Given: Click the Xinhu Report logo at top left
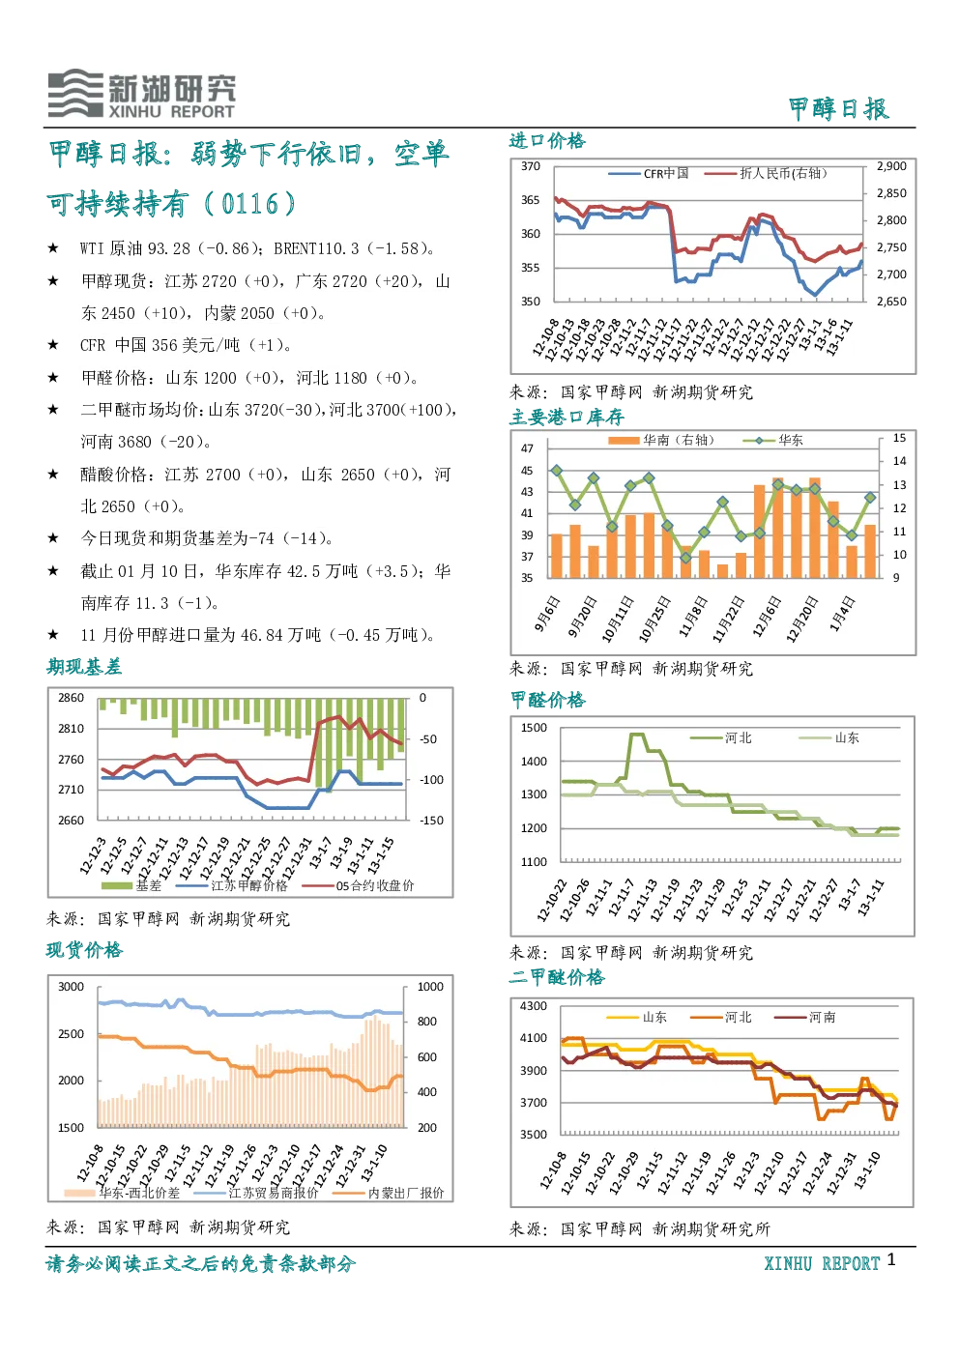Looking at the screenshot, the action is click(142, 94).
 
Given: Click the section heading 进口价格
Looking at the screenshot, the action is click(547, 141).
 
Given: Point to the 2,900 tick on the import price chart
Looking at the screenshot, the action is click(891, 166).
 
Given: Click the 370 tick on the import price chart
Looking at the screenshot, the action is click(530, 166).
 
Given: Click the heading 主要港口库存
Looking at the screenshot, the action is click(567, 418).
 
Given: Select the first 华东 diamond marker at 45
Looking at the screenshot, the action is click(557, 471).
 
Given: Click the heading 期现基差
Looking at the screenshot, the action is click(84, 667).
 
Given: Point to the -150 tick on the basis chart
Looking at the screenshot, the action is click(432, 821).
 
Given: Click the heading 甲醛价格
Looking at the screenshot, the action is click(548, 700).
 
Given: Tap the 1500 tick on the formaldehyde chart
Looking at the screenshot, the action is click(534, 728).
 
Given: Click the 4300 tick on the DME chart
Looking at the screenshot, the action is click(534, 1006).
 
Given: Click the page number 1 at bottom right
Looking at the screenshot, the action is click(891, 1259).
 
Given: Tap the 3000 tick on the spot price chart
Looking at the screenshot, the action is click(71, 987).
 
